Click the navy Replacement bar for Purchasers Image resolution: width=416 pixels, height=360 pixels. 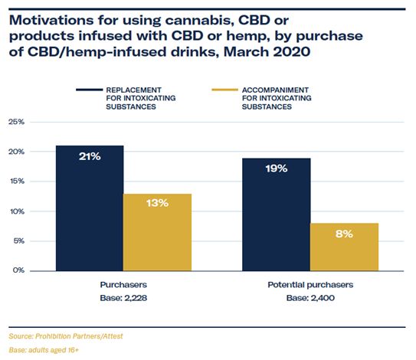(90, 208)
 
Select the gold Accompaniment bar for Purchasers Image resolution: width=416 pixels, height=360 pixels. (157, 232)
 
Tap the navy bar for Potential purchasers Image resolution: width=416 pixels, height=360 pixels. (277, 214)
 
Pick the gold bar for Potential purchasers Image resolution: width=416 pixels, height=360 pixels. (344, 247)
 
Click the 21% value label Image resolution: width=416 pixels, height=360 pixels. (90, 156)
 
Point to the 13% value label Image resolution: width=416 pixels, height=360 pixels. (157, 203)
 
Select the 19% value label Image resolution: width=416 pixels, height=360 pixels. (277, 169)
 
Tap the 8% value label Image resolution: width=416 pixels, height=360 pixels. (344, 234)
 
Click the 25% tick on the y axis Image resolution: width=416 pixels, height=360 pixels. (16, 122)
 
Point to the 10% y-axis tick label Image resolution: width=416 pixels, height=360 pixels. (17, 211)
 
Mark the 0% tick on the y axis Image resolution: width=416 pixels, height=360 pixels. (18, 270)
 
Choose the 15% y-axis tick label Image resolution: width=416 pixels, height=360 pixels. (17, 182)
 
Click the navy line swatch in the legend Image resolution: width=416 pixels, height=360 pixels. (89, 90)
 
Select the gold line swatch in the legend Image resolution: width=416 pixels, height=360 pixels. (225, 90)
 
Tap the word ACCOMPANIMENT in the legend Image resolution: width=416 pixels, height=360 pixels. (275, 90)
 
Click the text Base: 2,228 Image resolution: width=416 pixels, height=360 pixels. (123, 298)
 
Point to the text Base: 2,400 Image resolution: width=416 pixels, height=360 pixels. (310, 298)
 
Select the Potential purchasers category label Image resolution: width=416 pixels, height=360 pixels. (310, 285)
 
